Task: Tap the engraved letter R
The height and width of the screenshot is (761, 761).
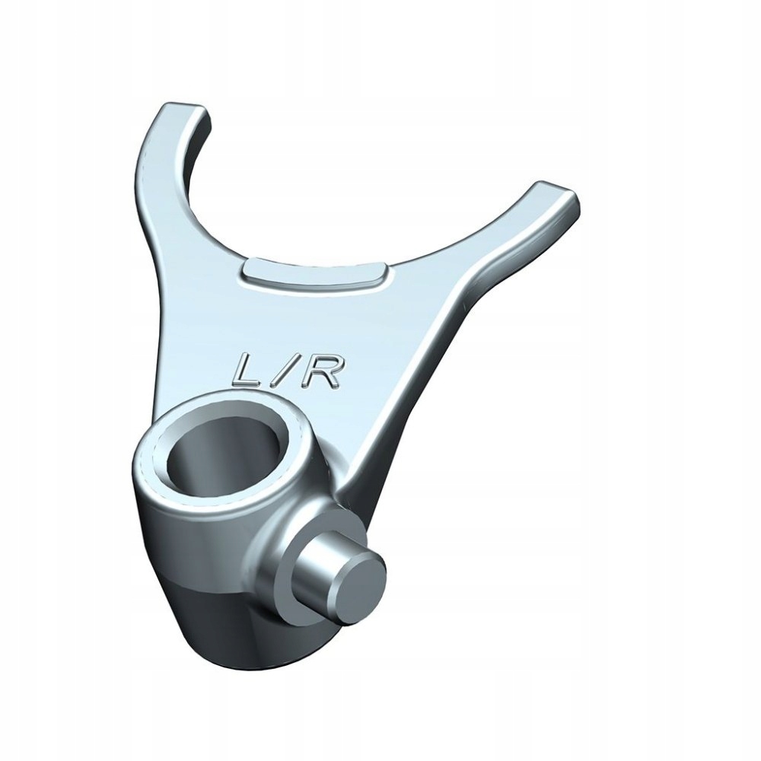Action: [x=318, y=371]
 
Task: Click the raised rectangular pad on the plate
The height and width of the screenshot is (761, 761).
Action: [x=314, y=275]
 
